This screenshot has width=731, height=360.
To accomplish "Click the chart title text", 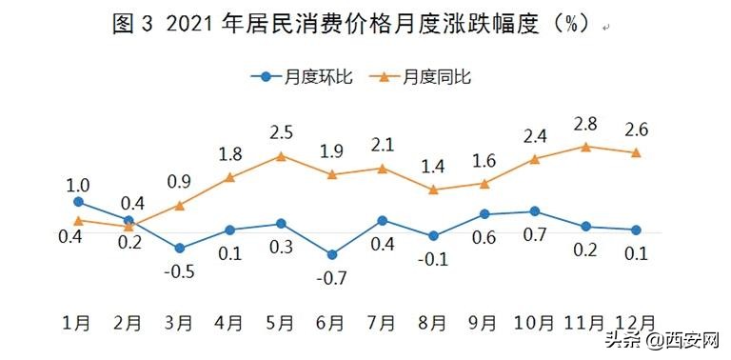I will point(355,26).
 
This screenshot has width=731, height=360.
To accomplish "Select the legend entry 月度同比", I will point(428,77).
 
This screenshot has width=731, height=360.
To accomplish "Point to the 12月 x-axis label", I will point(633,322).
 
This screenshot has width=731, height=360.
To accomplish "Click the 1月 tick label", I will point(78,322).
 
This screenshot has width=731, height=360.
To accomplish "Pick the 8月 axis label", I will point(432,322).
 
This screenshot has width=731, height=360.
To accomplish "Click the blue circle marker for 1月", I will point(78,202).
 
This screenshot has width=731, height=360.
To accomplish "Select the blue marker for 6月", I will point(331,254).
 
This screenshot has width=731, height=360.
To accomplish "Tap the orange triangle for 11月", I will point(585,147).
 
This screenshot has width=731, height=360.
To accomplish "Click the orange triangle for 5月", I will point(281,155).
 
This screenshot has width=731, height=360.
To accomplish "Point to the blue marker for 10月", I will point(534,211).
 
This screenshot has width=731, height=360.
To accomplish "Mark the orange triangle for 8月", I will point(433,190).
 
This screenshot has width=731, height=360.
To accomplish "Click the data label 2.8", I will point(585,124).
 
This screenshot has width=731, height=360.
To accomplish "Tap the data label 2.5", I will point(281,132).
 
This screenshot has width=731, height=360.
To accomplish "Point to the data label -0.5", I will point(179,270).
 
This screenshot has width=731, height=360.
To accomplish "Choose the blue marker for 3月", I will point(179,249).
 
